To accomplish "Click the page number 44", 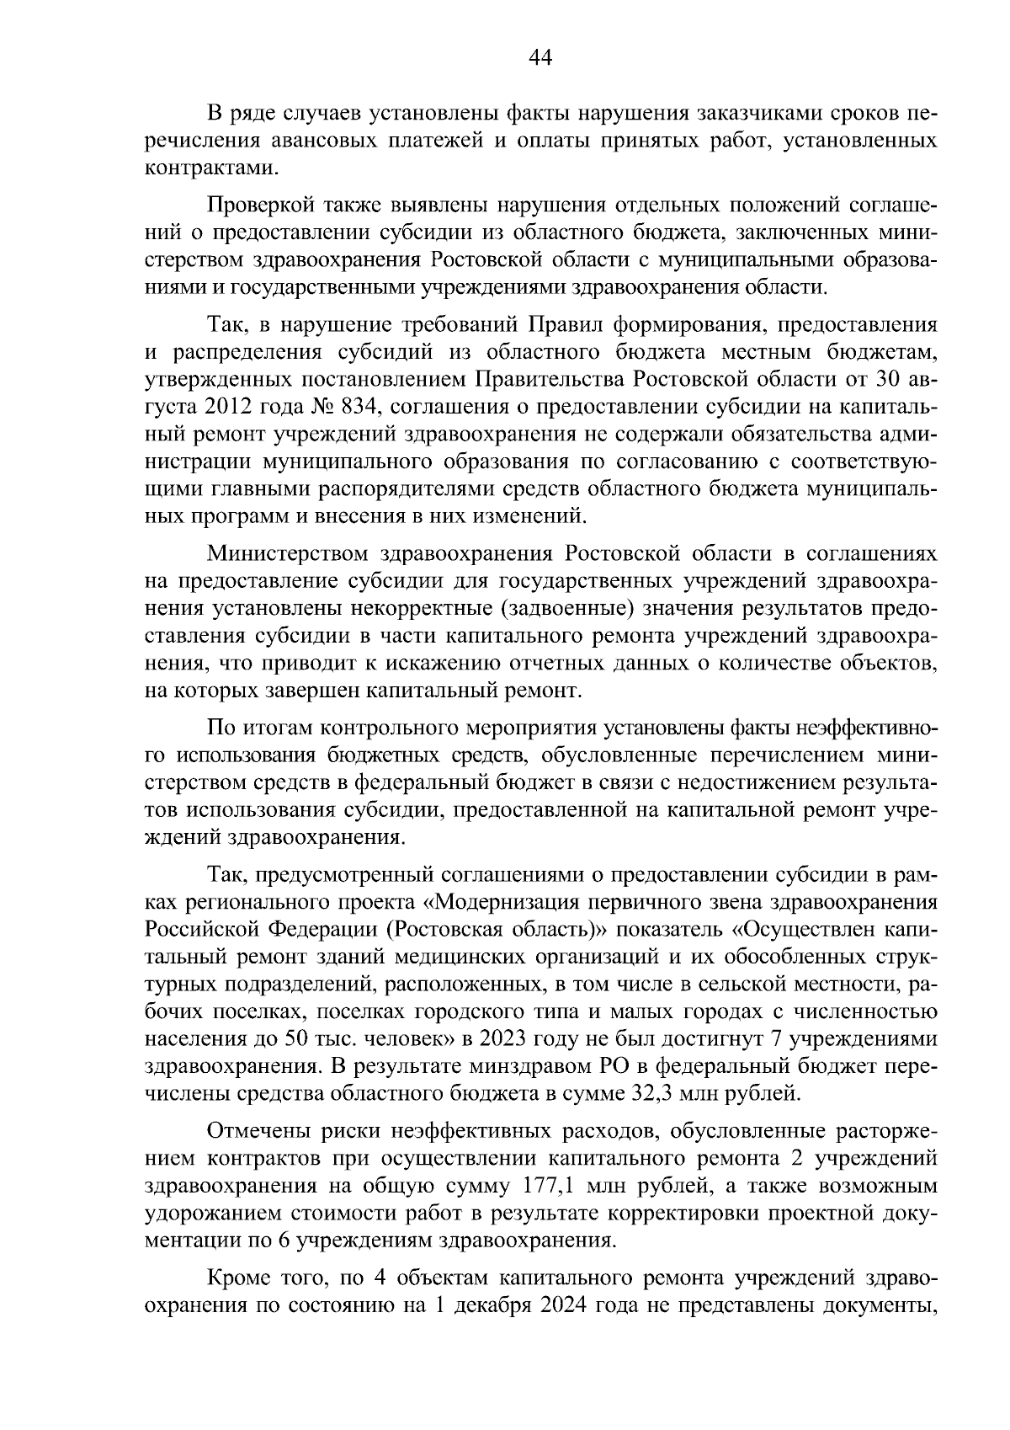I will point(540,56).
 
